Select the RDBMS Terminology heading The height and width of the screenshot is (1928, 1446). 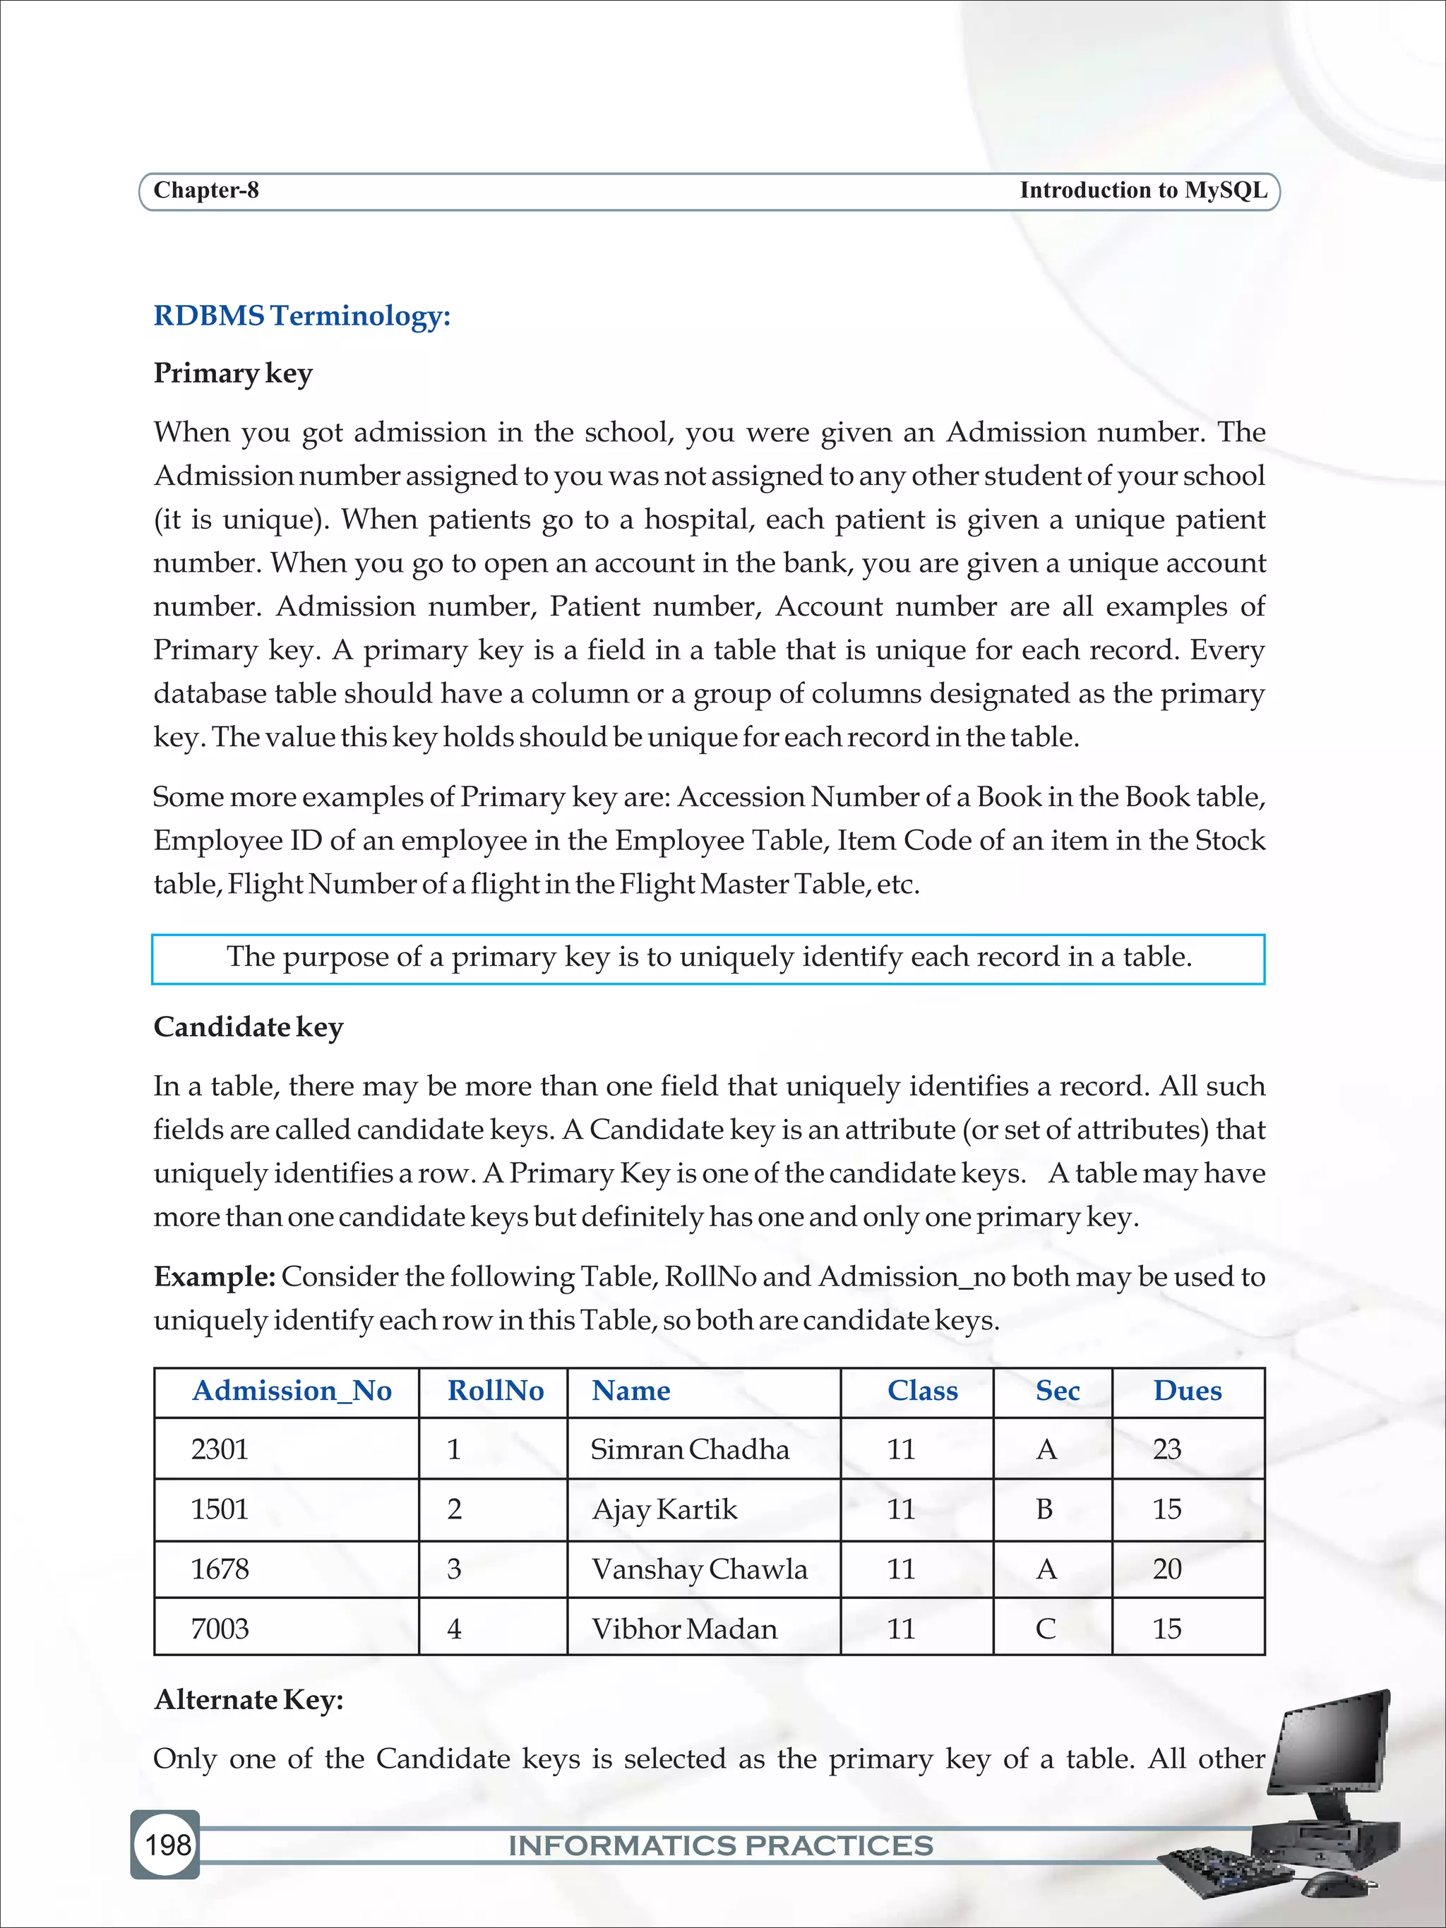301,316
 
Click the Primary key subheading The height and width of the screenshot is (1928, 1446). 233,373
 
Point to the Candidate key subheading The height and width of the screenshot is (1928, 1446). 249,1026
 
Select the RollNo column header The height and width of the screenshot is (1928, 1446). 495,1390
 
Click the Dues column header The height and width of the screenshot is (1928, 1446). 1187,1390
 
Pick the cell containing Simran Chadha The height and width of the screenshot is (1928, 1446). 689,1449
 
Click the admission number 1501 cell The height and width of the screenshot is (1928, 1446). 220,1509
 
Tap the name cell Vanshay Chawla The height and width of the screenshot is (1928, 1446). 699,1569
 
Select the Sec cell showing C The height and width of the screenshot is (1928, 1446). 1045,1628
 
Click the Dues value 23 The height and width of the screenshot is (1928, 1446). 1166,1449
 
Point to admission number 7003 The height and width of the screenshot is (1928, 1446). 220,1628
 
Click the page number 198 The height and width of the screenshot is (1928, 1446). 167,1843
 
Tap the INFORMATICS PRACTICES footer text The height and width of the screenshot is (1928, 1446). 721,1845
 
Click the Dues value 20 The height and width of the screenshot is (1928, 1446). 1166,1569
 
